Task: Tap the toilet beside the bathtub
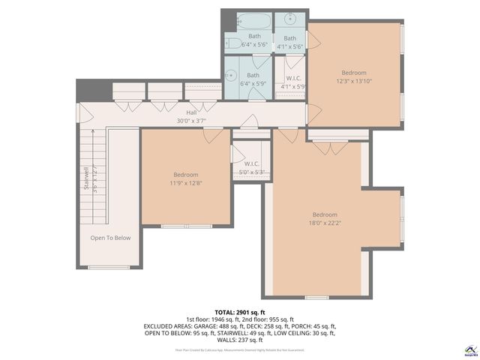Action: click(233, 43)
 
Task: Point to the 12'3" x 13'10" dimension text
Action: click(354, 81)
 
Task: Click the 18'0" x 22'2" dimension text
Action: click(325, 222)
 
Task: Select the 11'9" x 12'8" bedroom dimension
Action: click(185, 182)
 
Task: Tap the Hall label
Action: click(191, 112)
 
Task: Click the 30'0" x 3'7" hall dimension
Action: click(191, 120)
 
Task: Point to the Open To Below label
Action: click(110, 238)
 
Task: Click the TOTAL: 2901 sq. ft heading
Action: click(240, 312)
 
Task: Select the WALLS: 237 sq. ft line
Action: click(240, 340)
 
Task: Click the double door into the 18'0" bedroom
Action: click(328, 148)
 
